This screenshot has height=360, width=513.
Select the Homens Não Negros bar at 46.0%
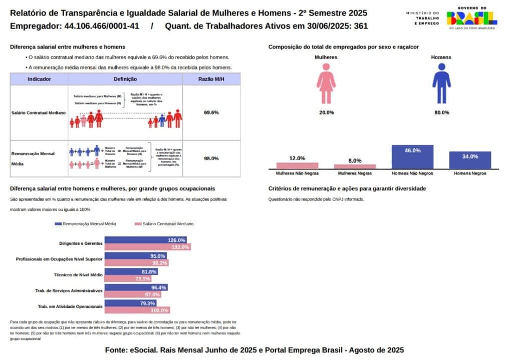click(412, 157)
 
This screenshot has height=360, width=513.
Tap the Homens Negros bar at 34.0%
click(470, 160)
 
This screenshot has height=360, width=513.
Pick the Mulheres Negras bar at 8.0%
click(355, 166)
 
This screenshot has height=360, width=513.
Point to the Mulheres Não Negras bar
click(298, 165)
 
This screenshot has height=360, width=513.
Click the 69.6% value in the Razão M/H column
click(211, 113)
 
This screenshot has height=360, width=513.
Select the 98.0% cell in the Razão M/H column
click(211, 158)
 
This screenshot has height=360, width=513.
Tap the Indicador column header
click(39, 79)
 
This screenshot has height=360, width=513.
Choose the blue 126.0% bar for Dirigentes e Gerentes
click(145, 240)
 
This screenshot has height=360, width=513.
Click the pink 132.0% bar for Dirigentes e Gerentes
click(148, 247)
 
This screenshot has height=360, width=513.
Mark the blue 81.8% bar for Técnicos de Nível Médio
click(131, 272)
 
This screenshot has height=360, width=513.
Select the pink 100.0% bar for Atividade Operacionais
click(137, 310)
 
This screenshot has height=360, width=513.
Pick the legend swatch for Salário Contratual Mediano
click(138, 224)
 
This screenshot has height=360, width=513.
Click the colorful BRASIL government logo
click(471, 19)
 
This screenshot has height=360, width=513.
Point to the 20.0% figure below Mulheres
click(326, 113)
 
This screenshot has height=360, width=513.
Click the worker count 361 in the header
click(361, 26)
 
